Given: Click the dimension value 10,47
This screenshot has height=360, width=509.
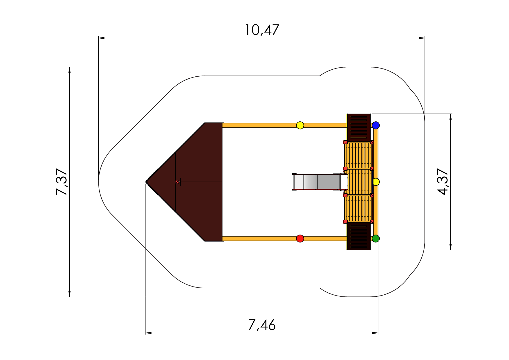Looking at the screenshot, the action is [x=262, y=30].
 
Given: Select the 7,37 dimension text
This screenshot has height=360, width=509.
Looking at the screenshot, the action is [x=62, y=182].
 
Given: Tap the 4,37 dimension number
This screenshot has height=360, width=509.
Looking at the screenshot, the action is [x=443, y=182].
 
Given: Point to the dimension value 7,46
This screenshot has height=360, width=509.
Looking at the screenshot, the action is [x=262, y=325].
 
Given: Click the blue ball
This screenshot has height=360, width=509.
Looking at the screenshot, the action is [x=376, y=125].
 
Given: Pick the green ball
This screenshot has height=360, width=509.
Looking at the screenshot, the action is [x=376, y=239].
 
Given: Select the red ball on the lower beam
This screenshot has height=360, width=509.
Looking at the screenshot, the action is [x=300, y=239].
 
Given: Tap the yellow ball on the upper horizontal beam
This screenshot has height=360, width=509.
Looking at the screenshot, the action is [x=300, y=125].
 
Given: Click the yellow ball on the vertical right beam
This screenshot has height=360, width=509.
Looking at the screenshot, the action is [x=376, y=182].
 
